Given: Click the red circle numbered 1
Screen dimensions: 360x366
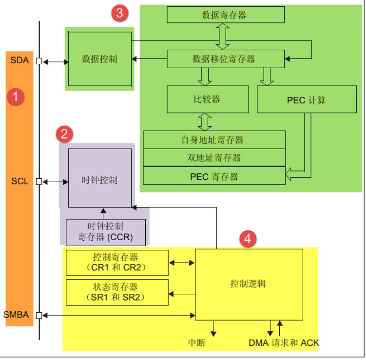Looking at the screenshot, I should pyautogui.click(x=15, y=97).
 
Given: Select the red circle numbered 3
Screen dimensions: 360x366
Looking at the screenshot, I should pyautogui.click(x=119, y=13).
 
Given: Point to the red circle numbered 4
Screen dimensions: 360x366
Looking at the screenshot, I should pyautogui.click(x=248, y=239).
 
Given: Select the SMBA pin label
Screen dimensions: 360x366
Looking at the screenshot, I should pyautogui.click(x=17, y=315).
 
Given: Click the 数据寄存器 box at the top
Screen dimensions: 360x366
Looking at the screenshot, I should pyautogui.click(x=225, y=15).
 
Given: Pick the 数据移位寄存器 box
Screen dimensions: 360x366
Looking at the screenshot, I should pyautogui.click(x=225, y=59).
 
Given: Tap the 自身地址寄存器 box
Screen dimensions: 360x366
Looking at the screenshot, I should pyautogui.click(x=214, y=140).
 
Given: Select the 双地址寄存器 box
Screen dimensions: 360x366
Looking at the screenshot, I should pyautogui.click(x=214, y=158).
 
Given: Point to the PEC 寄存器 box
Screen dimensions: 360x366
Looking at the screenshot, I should pyautogui.click(x=214, y=176).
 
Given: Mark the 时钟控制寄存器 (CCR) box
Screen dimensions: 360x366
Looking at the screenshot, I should pyautogui.click(x=105, y=232).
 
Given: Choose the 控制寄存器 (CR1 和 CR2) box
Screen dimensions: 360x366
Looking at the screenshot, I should pyautogui.click(x=117, y=263).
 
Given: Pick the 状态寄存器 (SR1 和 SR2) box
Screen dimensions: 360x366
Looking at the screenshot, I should pyautogui.click(x=117, y=292).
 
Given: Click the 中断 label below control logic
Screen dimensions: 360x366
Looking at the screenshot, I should pyautogui.click(x=197, y=342).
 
